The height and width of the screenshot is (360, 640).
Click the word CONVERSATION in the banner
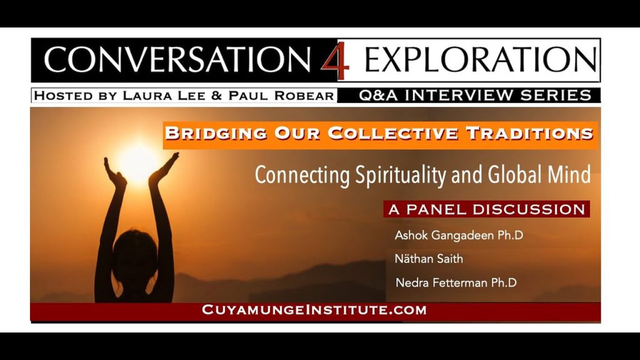tap(177, 59)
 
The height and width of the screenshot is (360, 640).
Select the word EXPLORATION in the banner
tap(481, 59)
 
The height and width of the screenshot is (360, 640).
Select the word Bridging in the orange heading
tap(216, 134)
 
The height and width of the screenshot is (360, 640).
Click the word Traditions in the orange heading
tap(529, 134)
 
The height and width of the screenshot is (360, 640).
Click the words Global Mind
tap(539, 174)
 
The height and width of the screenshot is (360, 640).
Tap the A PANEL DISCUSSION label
tap(486, 209)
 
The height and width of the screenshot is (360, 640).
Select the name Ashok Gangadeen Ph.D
tap(459, 235)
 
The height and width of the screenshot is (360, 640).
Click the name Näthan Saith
tap(429, 259)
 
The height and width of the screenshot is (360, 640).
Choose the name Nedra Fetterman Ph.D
tap(456, 282)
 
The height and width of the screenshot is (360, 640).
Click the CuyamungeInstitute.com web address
tap(314, 310)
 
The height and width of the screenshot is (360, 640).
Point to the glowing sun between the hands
tap(139, 163)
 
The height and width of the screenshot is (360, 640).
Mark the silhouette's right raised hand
tap(163, 169)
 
